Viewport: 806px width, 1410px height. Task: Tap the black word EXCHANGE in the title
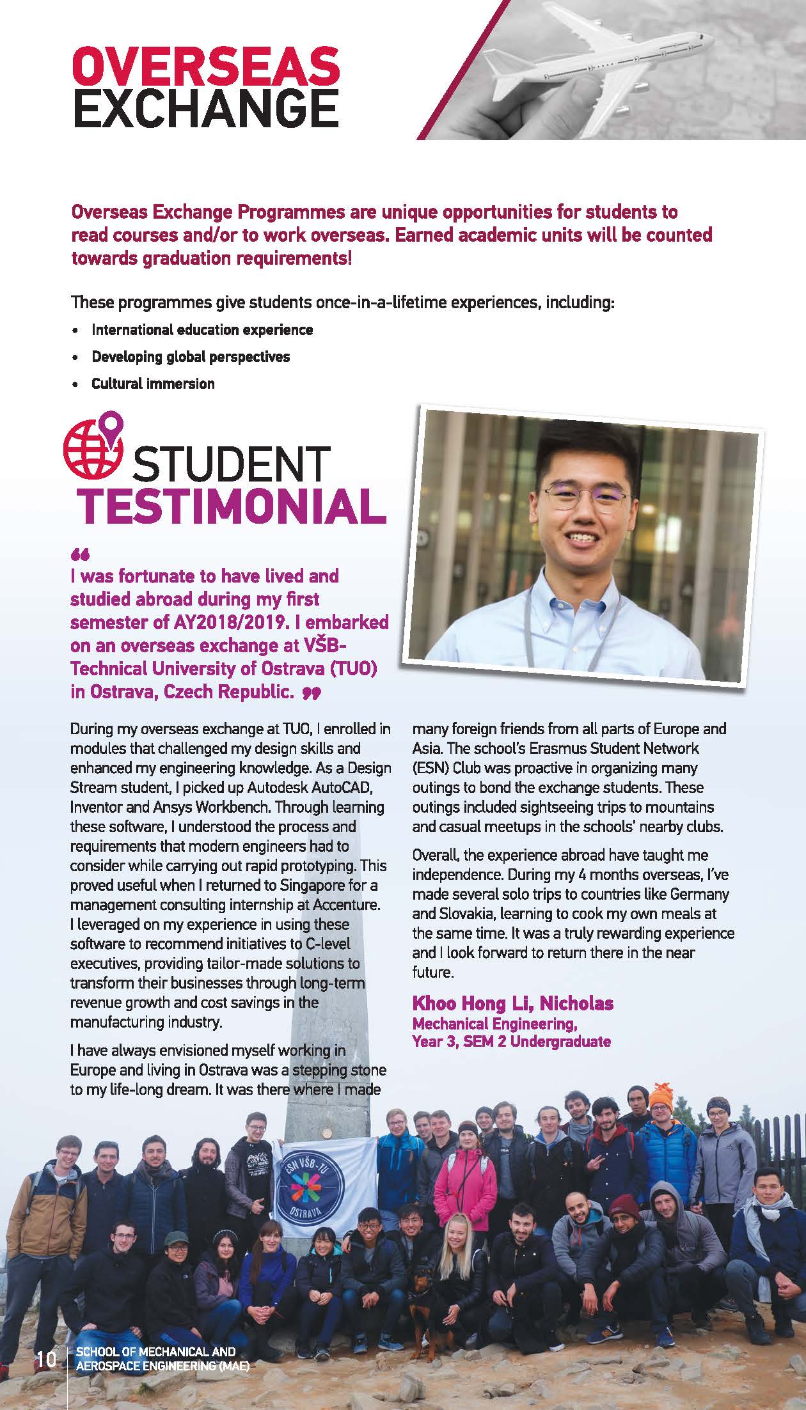[x=206, y=109]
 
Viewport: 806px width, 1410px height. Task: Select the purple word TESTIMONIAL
[x=232, y=506]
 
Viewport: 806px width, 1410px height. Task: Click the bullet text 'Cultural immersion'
[x=153, y=384]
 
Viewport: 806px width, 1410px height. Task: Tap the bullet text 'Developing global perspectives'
[x=191, y=357]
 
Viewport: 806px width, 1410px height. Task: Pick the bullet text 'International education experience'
[x=202, y=330]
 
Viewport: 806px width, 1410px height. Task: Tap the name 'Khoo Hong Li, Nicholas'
[x=512, y=1003]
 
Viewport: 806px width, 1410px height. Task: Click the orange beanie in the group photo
[x=660, y=1097]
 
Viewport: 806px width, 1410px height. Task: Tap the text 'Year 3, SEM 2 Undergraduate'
[x=512, y=1042]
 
